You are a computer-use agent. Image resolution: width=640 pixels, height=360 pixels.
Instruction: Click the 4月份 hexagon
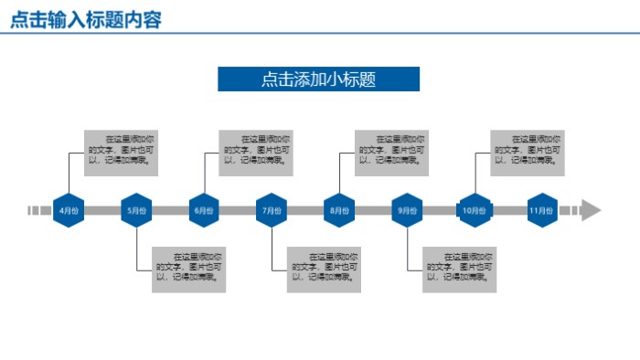[68, 210]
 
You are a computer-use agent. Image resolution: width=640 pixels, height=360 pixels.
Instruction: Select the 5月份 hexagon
[135, 210]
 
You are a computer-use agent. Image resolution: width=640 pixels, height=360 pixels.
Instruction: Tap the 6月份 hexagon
[203, 210]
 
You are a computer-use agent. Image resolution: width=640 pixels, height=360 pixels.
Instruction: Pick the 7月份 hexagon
[272, 210]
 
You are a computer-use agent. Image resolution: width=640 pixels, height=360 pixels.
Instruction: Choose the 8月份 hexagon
[339, 210]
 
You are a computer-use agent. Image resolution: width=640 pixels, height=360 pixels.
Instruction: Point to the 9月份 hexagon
[407, 210]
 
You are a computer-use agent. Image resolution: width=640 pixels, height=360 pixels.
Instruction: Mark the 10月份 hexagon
[474, 210]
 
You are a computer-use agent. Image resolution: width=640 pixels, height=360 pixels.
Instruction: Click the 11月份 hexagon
[542, 210]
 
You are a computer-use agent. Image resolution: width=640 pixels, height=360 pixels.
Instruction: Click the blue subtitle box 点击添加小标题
[318, 79]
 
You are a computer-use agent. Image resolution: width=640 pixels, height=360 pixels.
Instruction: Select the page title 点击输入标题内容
[87, 19]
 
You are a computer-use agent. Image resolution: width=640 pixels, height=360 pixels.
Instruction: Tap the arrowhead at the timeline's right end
[591, 210]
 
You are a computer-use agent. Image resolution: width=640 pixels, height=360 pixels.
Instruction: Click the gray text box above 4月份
[120, 153]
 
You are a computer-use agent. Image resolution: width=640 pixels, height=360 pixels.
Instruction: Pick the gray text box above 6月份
[256, 153]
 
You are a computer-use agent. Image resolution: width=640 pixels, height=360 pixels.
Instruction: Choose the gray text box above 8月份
[391, 153]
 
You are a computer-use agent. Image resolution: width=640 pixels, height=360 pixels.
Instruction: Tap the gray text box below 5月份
[188, 270]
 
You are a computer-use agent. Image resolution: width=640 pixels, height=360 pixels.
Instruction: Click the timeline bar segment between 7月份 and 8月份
[305, 210]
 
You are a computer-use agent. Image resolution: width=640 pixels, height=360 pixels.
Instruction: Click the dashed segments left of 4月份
[39, 210]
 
